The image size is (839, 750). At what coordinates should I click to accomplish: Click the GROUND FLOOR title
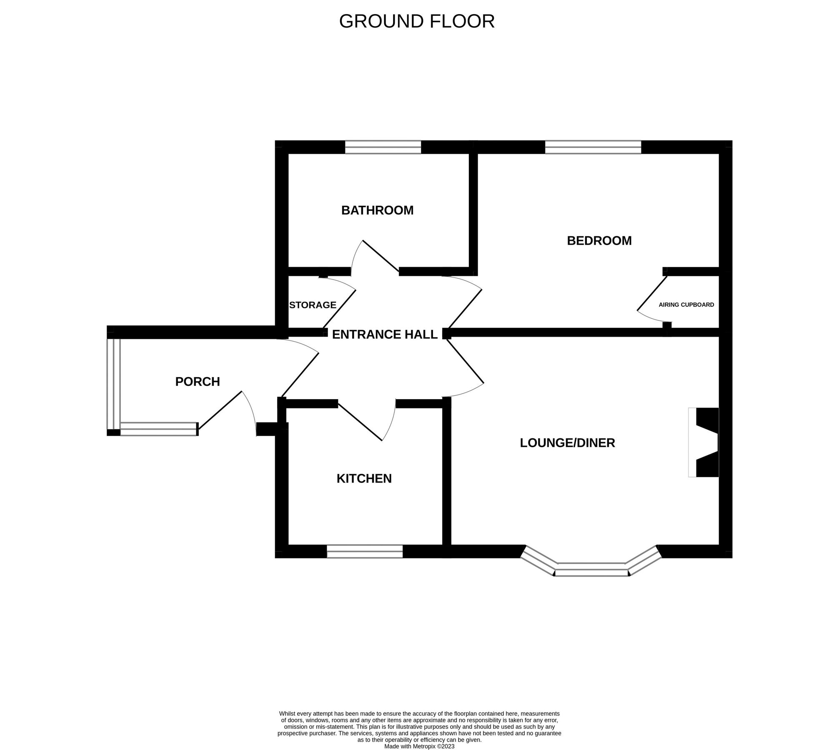[417, 22]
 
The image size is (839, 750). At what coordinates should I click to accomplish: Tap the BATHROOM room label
[377, 210]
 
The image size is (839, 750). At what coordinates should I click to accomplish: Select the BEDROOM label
[599, 241]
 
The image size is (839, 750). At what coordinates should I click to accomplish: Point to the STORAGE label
[313, 305]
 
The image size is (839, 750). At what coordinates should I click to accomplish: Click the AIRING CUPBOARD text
[686, 305]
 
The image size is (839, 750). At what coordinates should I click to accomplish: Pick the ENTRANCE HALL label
[385, 335]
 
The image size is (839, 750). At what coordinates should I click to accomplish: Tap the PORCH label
[198, 382]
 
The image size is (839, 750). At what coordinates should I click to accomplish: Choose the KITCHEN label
[364, 479]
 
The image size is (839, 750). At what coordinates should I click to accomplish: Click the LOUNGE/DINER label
[567, 443]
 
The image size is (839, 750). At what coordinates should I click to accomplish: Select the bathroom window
[383, 147]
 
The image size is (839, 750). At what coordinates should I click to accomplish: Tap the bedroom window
[593, 147]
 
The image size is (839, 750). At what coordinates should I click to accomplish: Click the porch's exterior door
[220, 410]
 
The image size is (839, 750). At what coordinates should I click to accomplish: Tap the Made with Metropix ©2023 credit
[419, 746]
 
